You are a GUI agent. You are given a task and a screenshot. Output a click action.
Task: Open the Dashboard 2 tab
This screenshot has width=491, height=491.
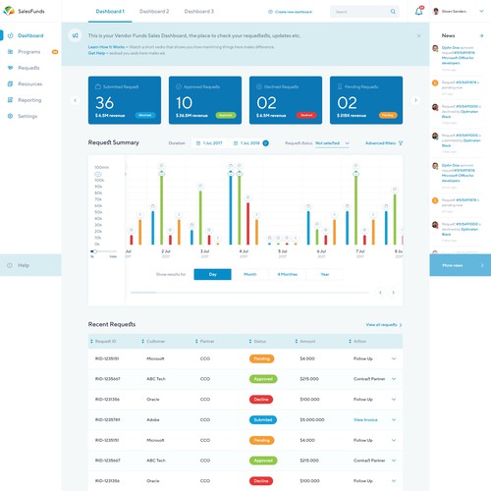(154, 12)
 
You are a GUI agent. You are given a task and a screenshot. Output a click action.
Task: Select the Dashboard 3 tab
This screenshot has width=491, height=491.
(198, 12)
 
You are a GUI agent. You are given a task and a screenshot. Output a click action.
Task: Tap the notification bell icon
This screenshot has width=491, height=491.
(419, 12)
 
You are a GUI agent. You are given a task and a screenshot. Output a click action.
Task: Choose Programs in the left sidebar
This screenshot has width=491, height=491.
(28, 50)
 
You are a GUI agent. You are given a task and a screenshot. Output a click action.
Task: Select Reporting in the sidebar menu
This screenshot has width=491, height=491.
(29, 100)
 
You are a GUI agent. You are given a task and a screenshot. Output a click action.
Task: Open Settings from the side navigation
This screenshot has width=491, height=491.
(28, 116)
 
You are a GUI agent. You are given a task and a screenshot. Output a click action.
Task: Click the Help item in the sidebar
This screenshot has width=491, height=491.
(24, 265)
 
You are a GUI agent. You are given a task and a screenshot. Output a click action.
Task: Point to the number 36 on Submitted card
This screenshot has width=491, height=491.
(105, 102)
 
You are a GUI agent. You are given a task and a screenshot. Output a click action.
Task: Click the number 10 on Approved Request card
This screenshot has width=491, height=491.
(184, 102)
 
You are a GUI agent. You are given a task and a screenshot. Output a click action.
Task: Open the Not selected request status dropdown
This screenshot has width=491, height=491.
(330, 143)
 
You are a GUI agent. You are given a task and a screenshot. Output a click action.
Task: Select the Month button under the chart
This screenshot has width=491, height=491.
(250, 274)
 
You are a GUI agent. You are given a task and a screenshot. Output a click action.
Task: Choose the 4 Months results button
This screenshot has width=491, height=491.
(288, 274)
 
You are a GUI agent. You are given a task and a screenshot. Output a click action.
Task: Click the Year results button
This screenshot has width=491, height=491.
(325, 274)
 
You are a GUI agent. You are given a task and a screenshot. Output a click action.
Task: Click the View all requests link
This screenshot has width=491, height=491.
(382, 324)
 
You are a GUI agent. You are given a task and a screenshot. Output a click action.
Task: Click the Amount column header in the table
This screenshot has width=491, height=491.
(307, 341)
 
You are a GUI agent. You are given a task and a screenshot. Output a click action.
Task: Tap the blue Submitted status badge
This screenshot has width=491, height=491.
(262, 419)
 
